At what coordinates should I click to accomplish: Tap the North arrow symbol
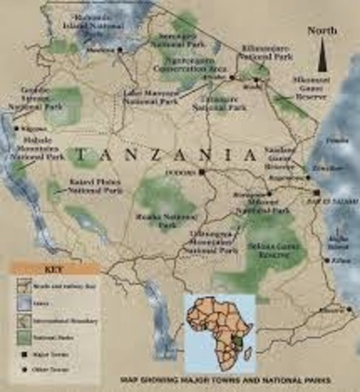pyautogui.click(x=323, y=58)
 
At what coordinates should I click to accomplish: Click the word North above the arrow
pyautogui.click(x=322, y=31)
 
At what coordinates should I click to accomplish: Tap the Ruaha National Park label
pyautogui.click(x=158, y=221)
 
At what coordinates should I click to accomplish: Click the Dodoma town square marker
pyautogui.click(x=202, y=172)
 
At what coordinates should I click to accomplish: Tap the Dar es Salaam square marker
pyautogui.click(x=316, y=193)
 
